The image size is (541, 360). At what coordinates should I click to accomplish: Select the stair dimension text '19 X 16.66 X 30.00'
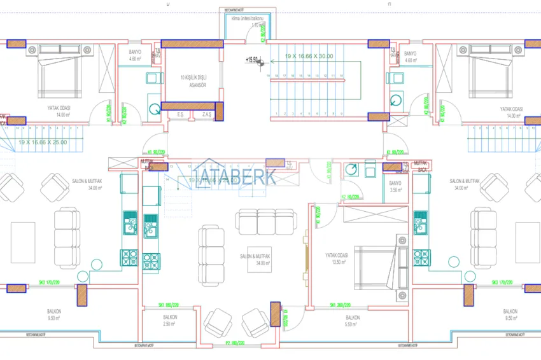[309, 56]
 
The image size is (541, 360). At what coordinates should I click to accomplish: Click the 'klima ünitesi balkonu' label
[247, 22]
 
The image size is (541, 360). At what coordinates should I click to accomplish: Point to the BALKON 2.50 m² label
[170, 320]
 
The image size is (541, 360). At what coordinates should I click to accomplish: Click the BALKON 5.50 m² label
[353, 320]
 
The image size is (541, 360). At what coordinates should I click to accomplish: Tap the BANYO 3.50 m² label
[395, 187]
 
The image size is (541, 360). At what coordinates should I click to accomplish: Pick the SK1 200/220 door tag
[341, 305]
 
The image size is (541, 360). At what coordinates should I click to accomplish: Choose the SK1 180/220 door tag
[171, 305]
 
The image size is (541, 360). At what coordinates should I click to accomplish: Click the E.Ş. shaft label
[181, 114]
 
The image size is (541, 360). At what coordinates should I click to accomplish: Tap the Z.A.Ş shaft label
[207, 114]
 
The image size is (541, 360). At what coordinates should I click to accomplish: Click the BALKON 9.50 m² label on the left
[54, 314]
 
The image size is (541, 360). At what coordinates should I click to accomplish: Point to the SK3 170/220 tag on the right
[503, 282]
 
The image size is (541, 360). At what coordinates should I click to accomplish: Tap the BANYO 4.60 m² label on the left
[135, 57]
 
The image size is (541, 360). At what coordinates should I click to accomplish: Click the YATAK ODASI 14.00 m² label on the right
[511, 112]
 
